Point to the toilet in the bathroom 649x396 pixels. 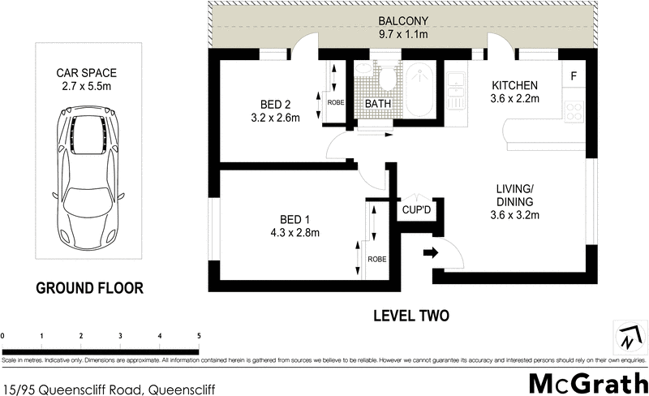[x=388, y=80]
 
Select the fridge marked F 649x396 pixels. [x=574, y=77]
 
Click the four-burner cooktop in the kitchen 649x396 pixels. [x=574, y=110]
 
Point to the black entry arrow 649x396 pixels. [x=430, y=252]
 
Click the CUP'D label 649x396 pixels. [x=417, y=210]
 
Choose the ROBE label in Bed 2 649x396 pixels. [x=336, y=103]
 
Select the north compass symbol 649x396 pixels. [x=630, y=335]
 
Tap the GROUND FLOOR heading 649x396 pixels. [x=89, y=287]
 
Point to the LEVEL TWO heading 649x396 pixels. [x=410, y=316]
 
